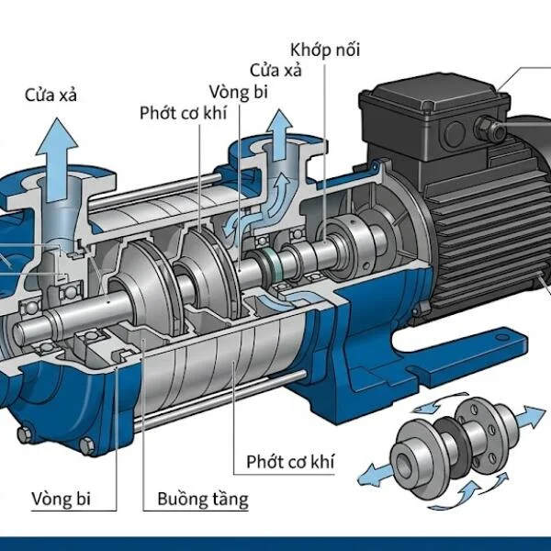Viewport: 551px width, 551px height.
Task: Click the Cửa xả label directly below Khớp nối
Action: pyautogui.click(x=277, y=70)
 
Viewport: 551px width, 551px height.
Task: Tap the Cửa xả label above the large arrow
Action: pyautogui.click(x=56, y=93)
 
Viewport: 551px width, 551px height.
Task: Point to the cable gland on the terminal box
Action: pyautogui.click(x=500, y=131)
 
